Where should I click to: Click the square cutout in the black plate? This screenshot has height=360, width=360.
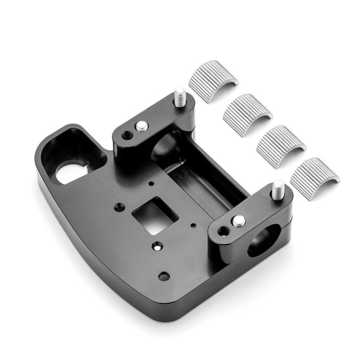[151, 216]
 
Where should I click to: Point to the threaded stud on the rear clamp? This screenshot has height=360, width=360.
[180, 97]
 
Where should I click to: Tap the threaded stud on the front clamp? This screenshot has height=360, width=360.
[278, 190]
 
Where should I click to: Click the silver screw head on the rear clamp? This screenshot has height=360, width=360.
[142, 126]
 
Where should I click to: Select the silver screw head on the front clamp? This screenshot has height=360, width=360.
[238, 220]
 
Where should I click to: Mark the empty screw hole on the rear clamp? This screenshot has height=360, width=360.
[127, 135]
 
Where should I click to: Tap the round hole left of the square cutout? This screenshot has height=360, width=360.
[119, 207]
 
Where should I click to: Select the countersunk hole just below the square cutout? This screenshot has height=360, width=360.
[158, 246]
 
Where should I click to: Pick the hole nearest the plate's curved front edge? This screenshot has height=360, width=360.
[163, 276]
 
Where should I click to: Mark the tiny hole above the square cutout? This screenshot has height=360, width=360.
[151, 184]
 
